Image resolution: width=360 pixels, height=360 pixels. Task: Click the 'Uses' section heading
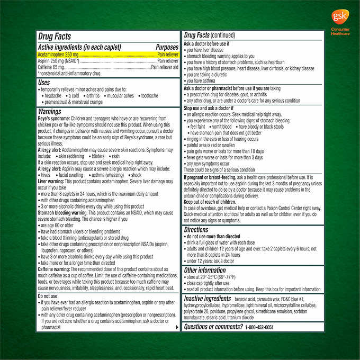pyautogui.click(x=44, y=83)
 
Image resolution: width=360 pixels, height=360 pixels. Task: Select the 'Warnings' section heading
pyautogui.click(x=49, y=112)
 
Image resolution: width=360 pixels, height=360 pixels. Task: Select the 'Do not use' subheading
pyautogui.click(x=48, y=296)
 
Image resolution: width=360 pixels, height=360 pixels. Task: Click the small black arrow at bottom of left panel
pyautogui.click(x=176, y=327)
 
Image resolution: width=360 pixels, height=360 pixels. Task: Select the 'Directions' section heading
pyautogui.click(x=196, y=230)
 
